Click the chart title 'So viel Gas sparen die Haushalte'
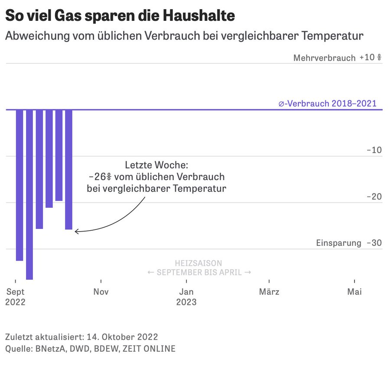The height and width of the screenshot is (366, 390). click(x=120, y=16)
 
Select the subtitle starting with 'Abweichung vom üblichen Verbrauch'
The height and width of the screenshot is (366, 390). click(x=184, y=36)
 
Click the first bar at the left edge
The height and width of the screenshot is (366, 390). click(x=19, y=185)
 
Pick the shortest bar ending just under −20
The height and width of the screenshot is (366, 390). click(x=59, y=155)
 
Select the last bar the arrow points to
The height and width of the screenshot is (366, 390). click(x=68, y=169)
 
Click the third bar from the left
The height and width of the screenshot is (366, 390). click(x=39, y=169)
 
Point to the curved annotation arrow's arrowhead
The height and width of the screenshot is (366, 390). click(x=76, y=232)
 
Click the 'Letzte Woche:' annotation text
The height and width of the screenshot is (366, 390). click(x=156, y=165)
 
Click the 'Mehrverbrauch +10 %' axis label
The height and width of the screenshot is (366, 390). click(x=337, y=58)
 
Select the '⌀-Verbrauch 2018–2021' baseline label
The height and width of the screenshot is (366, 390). click(x=327, y=104)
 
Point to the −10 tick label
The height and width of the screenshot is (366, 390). click(x=374, y=150)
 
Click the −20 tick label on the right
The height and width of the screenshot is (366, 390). click(x=374, y=196)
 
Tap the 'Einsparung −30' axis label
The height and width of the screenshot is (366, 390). click(x=349, y=243)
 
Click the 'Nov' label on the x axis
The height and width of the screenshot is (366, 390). click(x=101, y=292)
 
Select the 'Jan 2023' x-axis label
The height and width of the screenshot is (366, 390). click(x=186, y=297)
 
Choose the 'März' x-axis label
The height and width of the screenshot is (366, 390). click(x=269, y=292)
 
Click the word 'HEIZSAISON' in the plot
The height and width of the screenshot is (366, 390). click(x=198, y=263)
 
